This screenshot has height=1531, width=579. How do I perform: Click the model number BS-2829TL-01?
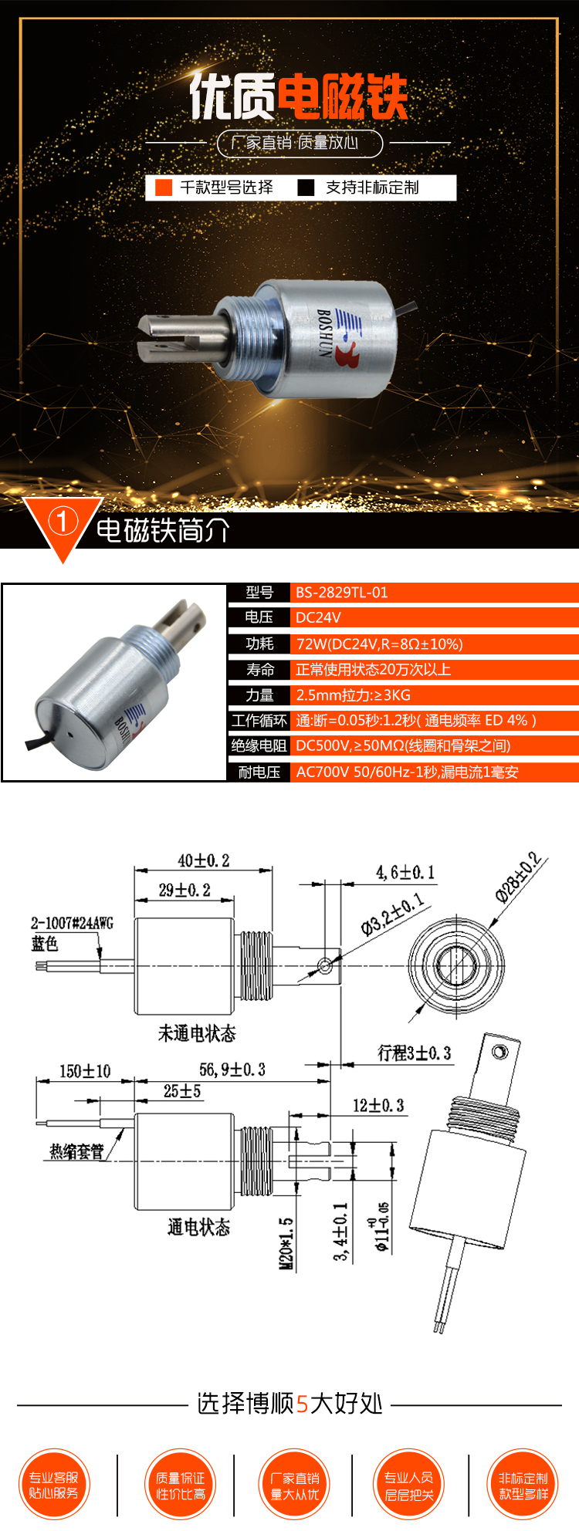[x=342, y=593]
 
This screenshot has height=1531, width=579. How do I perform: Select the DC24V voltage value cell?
[x=318, y=617]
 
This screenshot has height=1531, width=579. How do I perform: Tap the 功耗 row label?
[x=259, y=644]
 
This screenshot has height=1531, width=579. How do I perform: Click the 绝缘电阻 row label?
[x=259, y=745]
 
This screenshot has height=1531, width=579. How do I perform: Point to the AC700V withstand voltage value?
[x=407, y=772]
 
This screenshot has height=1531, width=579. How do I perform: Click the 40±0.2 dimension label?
[x=204, y=860]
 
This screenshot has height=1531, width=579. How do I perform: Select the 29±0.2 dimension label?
[x=185, y=890]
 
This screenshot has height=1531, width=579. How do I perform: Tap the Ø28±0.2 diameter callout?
[x=518, y=877]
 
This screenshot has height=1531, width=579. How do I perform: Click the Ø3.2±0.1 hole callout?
[x=392, y=914]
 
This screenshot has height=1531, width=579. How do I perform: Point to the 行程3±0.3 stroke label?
[x=414, y=1053]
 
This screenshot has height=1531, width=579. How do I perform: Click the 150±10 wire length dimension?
[x=85, y=1071]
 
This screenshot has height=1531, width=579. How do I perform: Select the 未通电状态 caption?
[x=197, y=1033]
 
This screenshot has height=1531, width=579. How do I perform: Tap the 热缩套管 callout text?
[x=76, y=1151]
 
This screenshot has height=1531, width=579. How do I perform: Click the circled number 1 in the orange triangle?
[x=63, y=522]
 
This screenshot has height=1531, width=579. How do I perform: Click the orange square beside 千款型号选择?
[x=164, y=188]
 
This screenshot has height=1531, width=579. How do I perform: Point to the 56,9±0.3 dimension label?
[x=232, y=1070]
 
